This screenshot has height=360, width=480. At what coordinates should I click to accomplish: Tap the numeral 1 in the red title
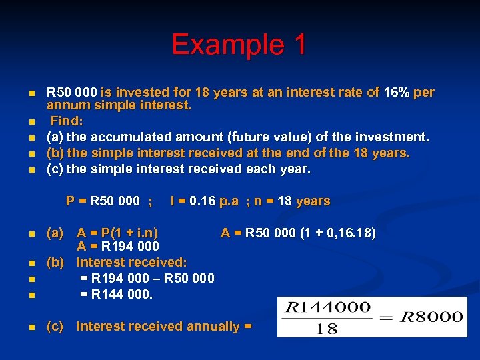297,45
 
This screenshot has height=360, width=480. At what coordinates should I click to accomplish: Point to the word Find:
67,121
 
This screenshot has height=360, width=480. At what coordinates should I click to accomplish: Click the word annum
66,105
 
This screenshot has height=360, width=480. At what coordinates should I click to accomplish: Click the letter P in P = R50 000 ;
70,201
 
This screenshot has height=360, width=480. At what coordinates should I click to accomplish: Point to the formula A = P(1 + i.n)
117,233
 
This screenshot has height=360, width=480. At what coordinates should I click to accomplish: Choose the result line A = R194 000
117,247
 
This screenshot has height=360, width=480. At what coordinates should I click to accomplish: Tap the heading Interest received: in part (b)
131,263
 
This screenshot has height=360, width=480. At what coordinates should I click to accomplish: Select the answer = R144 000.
117,294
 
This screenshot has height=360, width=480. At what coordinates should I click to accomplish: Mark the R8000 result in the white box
433,317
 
